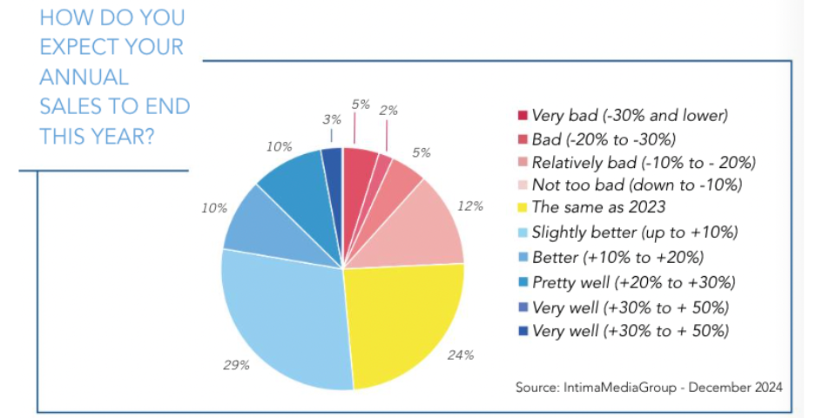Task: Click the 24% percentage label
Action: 462,354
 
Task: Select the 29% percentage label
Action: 236,364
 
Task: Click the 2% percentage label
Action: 388,110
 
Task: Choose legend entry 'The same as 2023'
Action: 599,207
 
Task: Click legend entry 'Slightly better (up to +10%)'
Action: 634,232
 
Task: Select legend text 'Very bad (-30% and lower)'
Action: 628,114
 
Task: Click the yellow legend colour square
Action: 523,208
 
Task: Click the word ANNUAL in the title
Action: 84,77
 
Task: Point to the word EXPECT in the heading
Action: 84,47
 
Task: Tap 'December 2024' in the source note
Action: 736,386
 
